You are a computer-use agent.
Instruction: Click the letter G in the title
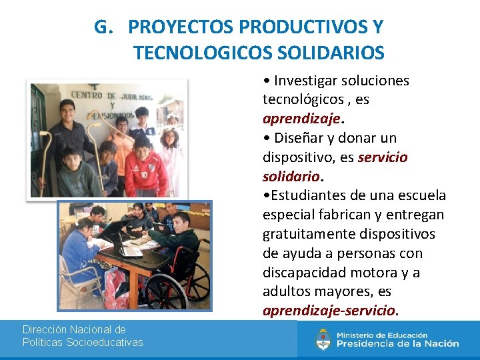(x=101, y=27)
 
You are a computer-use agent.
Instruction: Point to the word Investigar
(x=305, y=81)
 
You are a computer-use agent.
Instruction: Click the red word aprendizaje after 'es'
(x=301, y=119)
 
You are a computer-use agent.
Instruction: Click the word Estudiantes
(x=309, y=196)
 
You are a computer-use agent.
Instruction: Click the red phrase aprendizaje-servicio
(x=329, y=311)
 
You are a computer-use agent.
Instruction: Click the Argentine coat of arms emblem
(x=323, y=339)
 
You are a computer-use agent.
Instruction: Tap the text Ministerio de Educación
(x=382, y=335)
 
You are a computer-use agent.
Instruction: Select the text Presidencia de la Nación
(x=397, y=344)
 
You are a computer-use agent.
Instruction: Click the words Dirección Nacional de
(x=74, y=329)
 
